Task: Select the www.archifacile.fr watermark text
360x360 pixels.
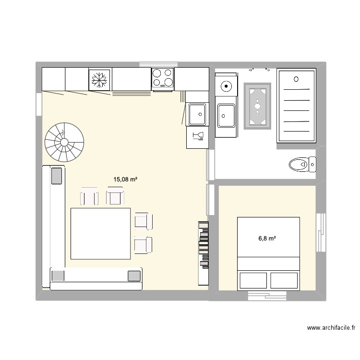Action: pyautogui.click(x=331, y=328)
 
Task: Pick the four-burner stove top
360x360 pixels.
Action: pyautogui.click(x=163, y=78)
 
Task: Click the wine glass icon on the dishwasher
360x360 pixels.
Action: pyautogui.click(x=197, y=137)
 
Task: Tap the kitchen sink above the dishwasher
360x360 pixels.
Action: pyautogui.click(x=197, y=115)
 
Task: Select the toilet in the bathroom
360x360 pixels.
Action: pyautogui.click(x=302, y=165)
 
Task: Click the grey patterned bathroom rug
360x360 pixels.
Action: pyautogui.click(x=258, y=106)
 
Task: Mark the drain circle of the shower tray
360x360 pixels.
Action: pyautogui.click(x=296, y=79)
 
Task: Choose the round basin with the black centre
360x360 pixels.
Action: pyautogui.click(x=226, y=87)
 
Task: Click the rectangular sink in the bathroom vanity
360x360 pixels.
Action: pyautogui.click(x=226, y=115)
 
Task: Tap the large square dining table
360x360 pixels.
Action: pyautogui.click(x=100, y=233)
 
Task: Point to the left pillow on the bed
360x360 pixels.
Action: pyautogui.click(x=253, y=280)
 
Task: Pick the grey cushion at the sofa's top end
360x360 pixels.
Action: pyautogui.click(x=57, y=175)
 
